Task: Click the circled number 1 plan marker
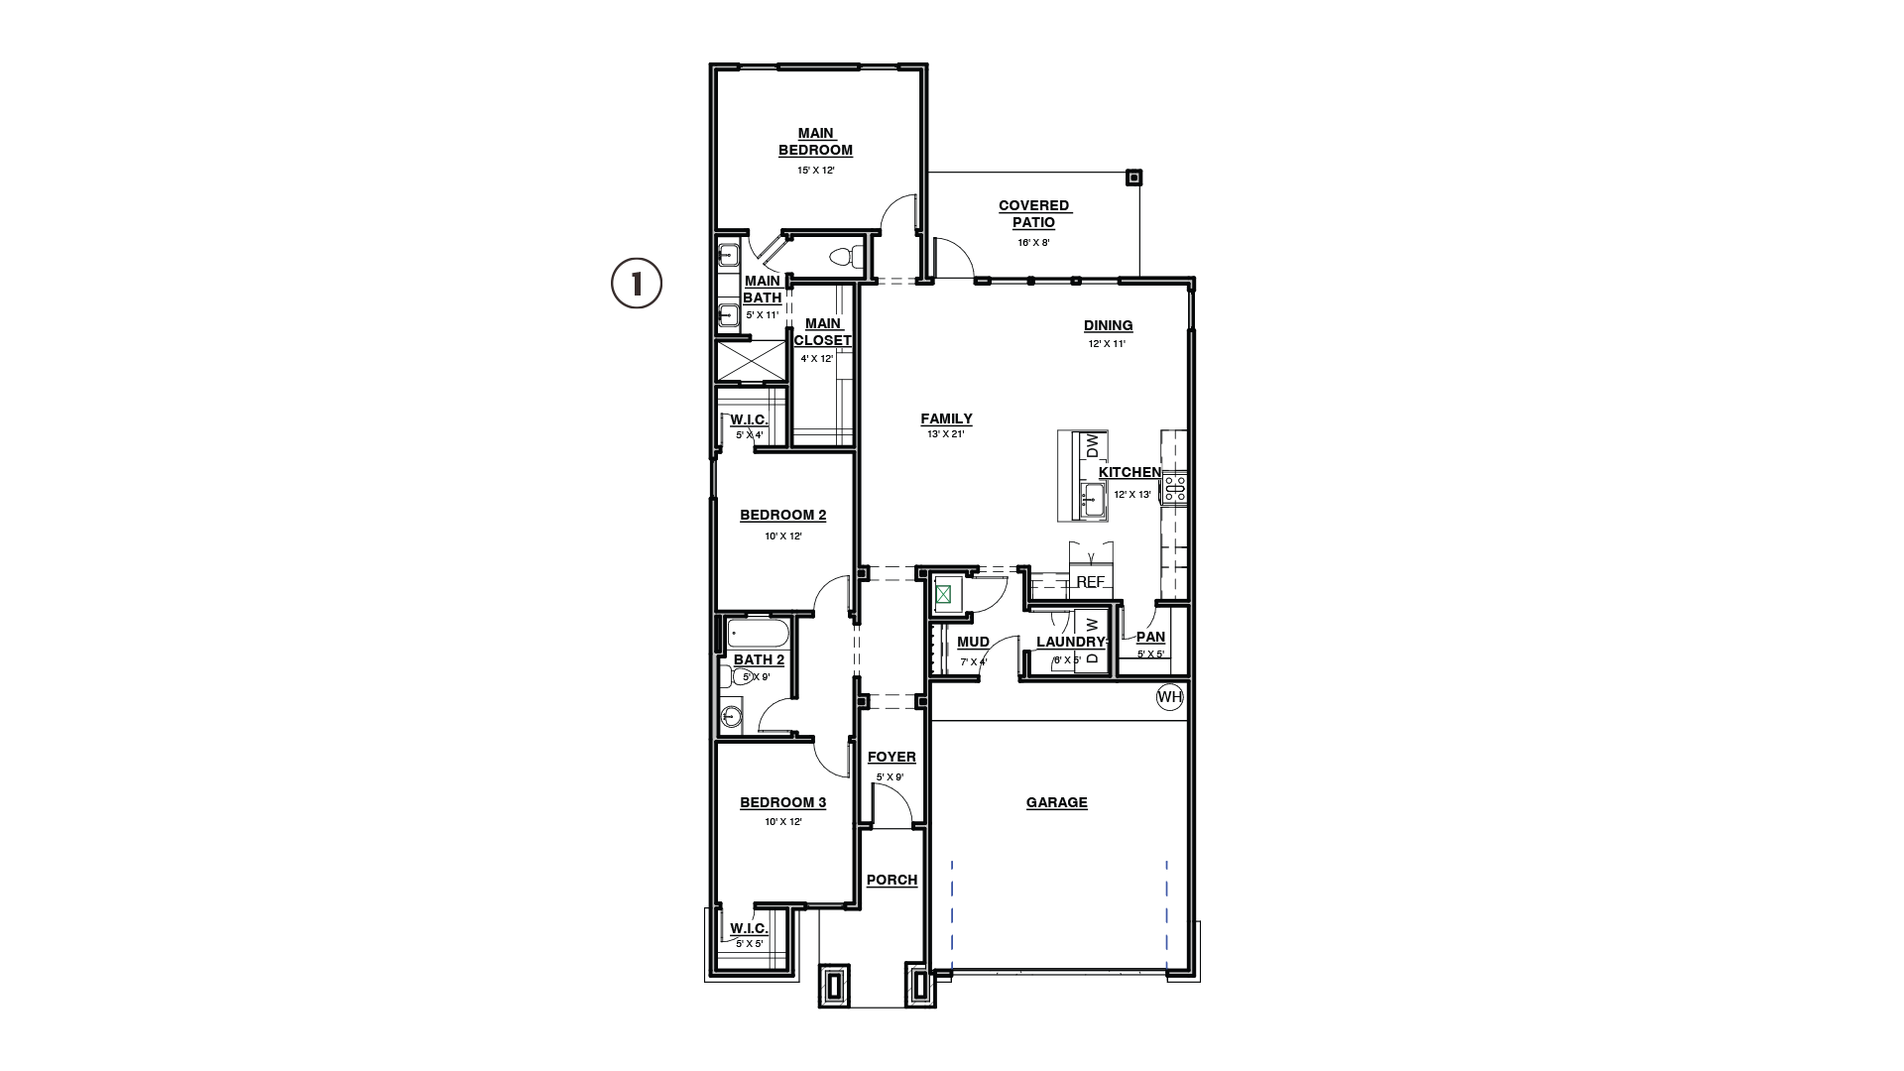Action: [x=636, y=284]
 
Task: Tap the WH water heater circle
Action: [x=1170, y=697]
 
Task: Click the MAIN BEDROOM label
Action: [x=815, y=142]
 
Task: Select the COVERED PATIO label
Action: [x=1034, y=214]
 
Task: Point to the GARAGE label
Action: [x=1057, y=802]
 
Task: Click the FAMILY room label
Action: [x=946, y=418]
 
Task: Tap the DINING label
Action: [x=1109, y=325]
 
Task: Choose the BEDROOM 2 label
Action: [x=783, y=515]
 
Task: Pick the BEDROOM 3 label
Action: [x=783, y=802]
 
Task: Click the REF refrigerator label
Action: [x=1090, y=582]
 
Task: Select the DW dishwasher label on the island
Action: [x=1093, y=446]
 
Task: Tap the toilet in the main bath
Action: [x=842, y=257]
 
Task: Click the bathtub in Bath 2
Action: [x=757, y=634]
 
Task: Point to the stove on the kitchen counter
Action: [x=1175, y=486]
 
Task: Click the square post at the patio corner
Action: [x=1134, y=178]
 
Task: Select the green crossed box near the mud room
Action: [x=944, y=595]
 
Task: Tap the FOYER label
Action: [x=892, y=757]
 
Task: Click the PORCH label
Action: [x=892, y=880]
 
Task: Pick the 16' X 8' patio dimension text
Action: [x=1033, y=242]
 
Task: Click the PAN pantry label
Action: [x=1150, y=637]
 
